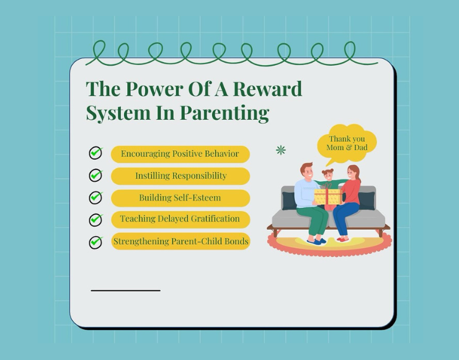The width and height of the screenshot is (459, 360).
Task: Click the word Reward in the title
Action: tap(267, 89)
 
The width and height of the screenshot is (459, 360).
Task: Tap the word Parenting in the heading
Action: tap(225, 113)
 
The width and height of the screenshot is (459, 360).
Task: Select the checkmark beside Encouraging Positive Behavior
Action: tap(96, 153)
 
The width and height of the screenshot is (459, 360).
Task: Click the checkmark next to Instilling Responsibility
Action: tap(96, 175)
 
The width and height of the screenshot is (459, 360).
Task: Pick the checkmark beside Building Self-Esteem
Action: tap(96, 197)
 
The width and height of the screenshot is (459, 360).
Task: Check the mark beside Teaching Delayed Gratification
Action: tap(96, 219)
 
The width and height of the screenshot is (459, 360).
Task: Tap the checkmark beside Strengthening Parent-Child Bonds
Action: tap(96, 242)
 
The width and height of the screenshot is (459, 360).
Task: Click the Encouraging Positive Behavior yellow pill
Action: tap(180, 154)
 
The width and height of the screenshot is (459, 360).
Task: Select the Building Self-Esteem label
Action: tap(180, 198)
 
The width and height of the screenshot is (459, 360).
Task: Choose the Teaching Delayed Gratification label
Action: tap(180, 219)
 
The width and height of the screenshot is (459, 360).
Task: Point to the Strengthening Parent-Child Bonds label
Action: tap(180, 241)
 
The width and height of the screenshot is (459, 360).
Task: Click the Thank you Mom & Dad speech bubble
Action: tap(347, 143)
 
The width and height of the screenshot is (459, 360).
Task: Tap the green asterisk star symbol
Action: tap(281, 150)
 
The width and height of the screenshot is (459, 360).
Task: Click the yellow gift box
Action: tap(328, 196)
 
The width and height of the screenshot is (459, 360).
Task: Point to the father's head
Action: tap(307, 171)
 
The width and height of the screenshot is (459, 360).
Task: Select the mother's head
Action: tap(354, 173)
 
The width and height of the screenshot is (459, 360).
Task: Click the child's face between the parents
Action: tap(328, 176)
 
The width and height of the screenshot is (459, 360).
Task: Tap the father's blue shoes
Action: tap(317, 241)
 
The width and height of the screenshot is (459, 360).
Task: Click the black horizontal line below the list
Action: tap(125, 290)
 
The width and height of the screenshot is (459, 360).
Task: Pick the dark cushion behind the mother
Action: tap(366, 200)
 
